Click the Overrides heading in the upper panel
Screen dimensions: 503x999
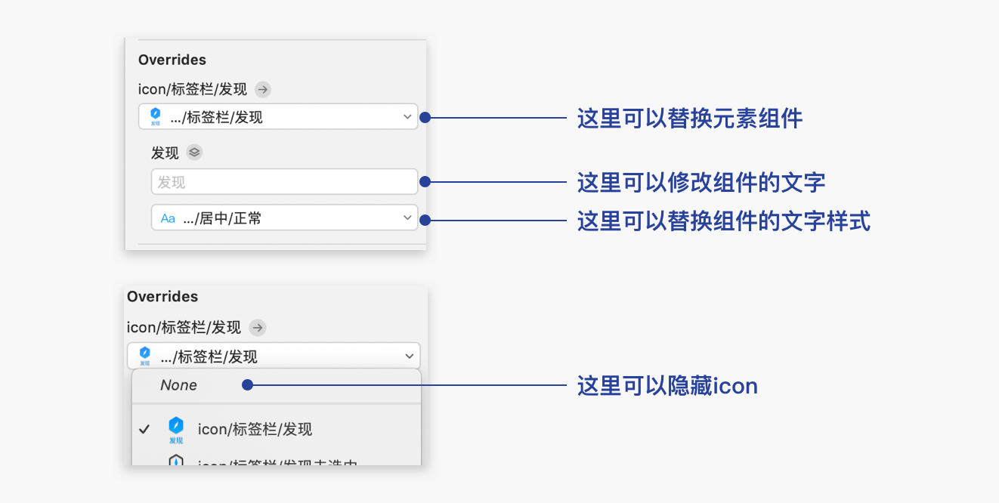(172, 60)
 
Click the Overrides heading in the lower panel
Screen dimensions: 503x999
(162, 297)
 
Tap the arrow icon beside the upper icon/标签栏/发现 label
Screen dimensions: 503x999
(263, 89)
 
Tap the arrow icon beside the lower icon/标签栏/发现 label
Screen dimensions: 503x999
(258, 328)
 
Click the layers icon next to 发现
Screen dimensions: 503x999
(194, 153)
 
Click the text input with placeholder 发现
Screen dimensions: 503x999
(284, 182)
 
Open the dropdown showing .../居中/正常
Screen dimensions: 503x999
(284, 218)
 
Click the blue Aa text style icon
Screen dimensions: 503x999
(168, 219)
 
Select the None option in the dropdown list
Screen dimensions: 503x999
(179, 385)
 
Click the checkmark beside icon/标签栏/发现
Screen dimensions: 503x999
(144, 429)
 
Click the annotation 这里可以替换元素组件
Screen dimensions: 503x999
(689, 118)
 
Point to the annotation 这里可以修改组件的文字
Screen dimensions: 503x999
(701, 182)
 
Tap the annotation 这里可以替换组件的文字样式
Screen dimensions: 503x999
(723, 221)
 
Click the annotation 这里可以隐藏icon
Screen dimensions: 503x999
(667, 386)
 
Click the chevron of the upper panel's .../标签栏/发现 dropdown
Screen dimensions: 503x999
(407, 117)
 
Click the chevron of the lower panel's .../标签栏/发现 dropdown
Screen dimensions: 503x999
(410, 356)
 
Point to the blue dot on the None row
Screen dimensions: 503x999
(247, 385)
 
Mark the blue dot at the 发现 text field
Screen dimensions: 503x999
(425, 182)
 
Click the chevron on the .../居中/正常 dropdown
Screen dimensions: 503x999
(407, 218)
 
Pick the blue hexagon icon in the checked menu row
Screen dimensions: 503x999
(176, 426)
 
